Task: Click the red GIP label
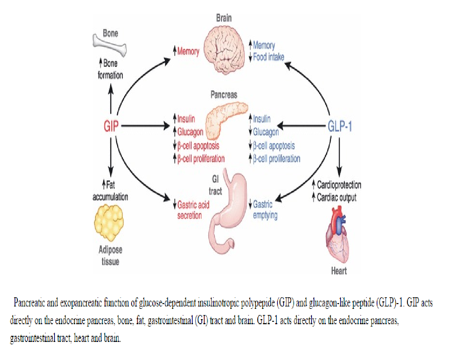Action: tap(111, 126)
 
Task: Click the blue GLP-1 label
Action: tap(340, 126)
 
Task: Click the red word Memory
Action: tap(188, 51)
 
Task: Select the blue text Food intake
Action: tap(269, 57)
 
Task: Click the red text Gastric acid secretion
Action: tap(193, 210)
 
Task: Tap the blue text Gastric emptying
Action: tap(265, 210)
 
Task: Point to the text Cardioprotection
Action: tap(339, 185)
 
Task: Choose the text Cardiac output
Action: tap(336, 197)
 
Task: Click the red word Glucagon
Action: tap(190, 132)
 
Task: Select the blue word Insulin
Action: tap(261, 119)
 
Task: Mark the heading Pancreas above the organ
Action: tap(224, 94)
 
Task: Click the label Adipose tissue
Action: tap(110, 255)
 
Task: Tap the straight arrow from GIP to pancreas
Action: tap(145, 126)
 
